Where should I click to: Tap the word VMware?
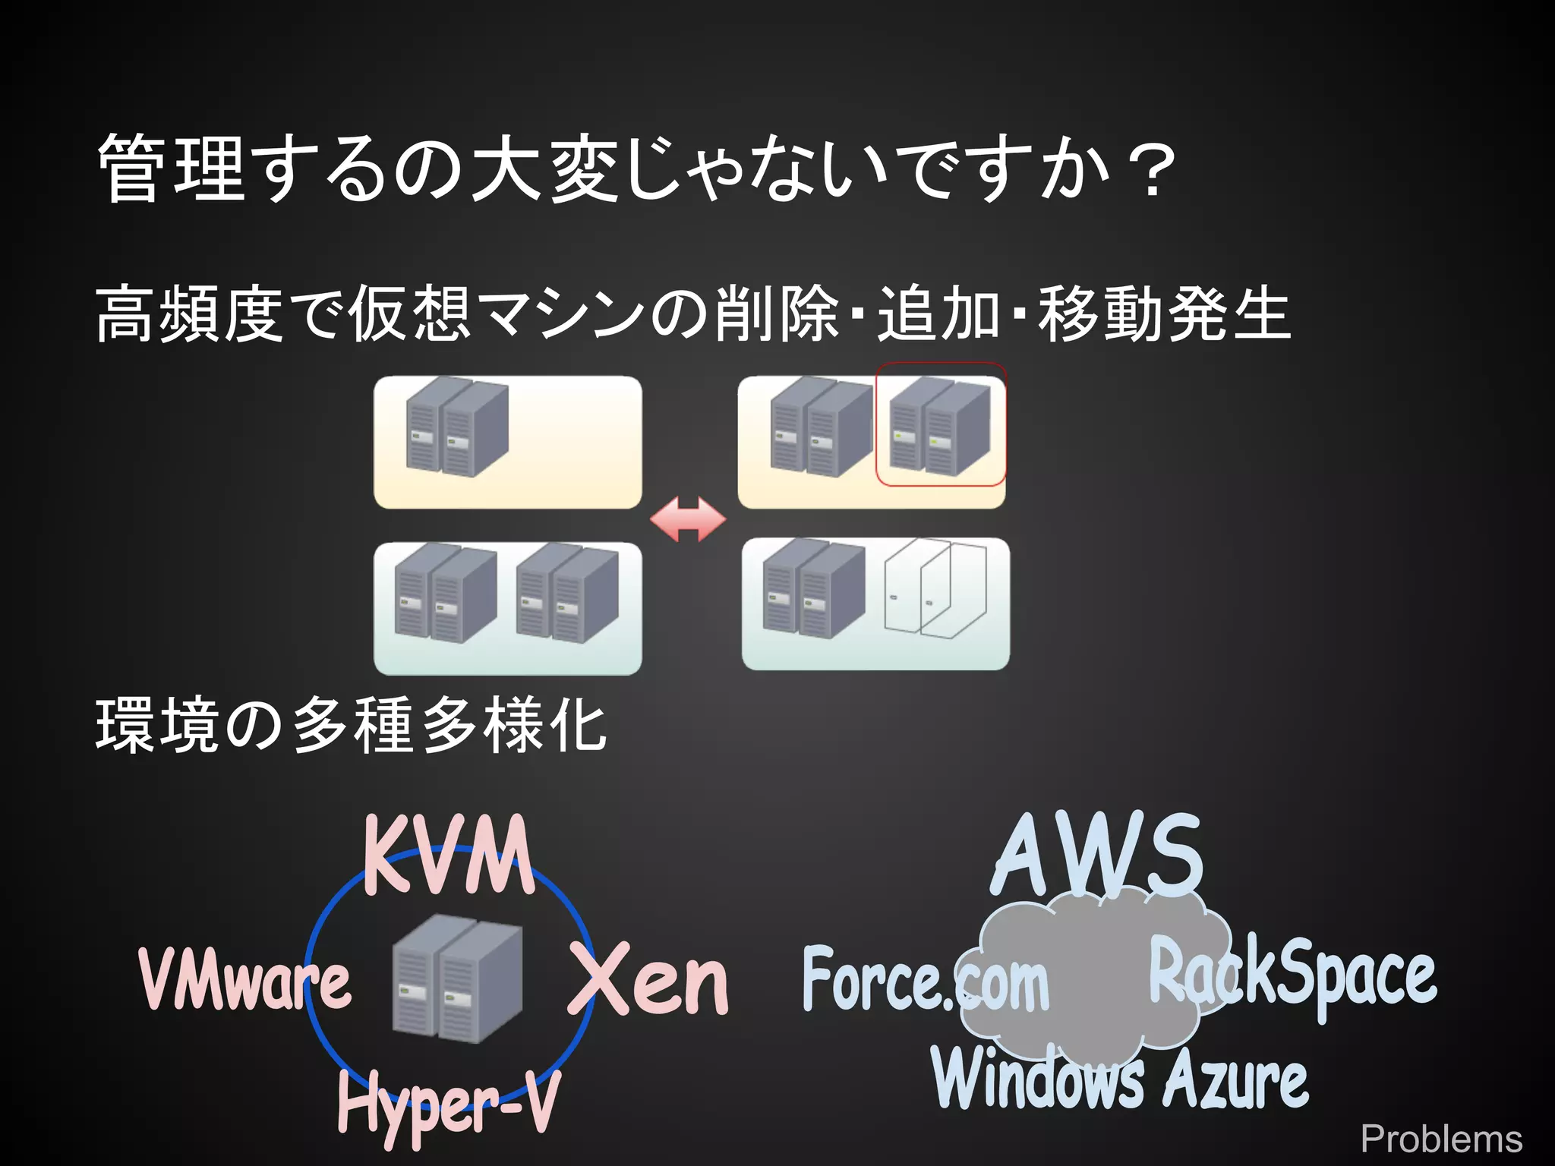pyautogui.click(x=244, y=981)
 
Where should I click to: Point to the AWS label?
pyautogui.click(x=1097, y=856)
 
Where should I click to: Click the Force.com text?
pyautogui.click(x=925, y=981)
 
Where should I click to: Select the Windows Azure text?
pyautogui.click(x=1121, y=1078)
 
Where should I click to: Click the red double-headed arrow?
pyautogui.click(x=688, y=520)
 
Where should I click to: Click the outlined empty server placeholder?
pyautogui.click(x=936, y=589)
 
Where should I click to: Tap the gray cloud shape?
pyautogui.click(x=1093, y=979)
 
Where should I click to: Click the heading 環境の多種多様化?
pyautogui.click(x=351, y=726)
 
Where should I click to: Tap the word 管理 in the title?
pyautogui.click(x=171, y=169)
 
